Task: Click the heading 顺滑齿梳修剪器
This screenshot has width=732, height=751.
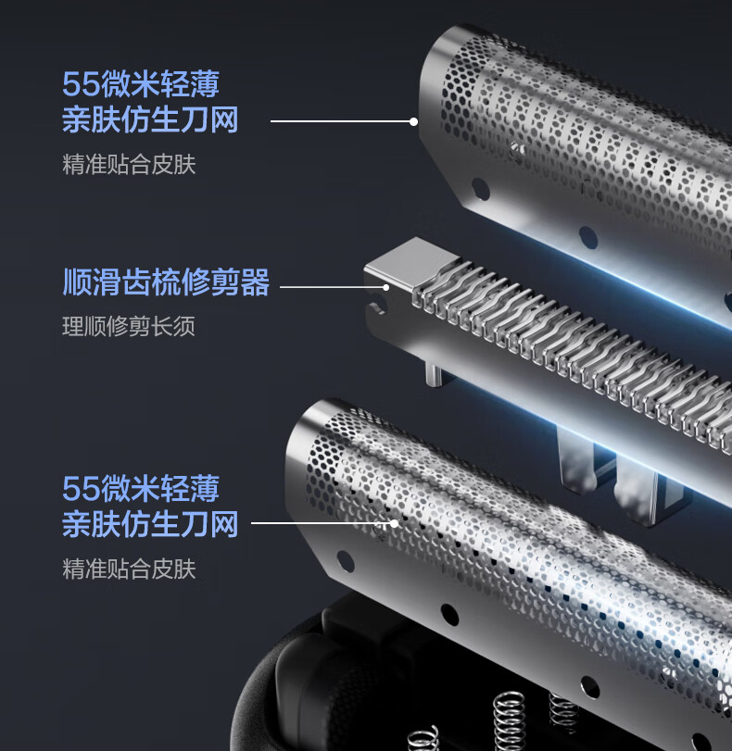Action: (166, 282)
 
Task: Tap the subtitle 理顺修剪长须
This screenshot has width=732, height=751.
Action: (129, 327)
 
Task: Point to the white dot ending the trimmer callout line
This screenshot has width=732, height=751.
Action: (385, 287)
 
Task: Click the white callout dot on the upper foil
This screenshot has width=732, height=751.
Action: (413, 121)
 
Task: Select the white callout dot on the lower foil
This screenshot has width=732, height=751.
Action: (394, 523)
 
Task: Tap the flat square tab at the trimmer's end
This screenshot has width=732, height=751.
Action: (411, 261)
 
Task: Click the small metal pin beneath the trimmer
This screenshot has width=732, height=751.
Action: (433, 374)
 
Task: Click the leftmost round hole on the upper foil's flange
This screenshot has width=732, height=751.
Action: (480, 188)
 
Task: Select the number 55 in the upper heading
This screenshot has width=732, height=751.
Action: (77, 84)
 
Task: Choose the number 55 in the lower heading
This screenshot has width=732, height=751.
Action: (77, 488)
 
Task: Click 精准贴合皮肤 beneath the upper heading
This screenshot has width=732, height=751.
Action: (129, 164)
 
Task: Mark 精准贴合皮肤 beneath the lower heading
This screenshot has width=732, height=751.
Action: (129, 569)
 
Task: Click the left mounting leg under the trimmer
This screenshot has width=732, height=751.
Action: (576, 461)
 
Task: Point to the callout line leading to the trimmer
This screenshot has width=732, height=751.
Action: (334, 287)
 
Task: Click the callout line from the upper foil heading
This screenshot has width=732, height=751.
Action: (342, 121)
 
